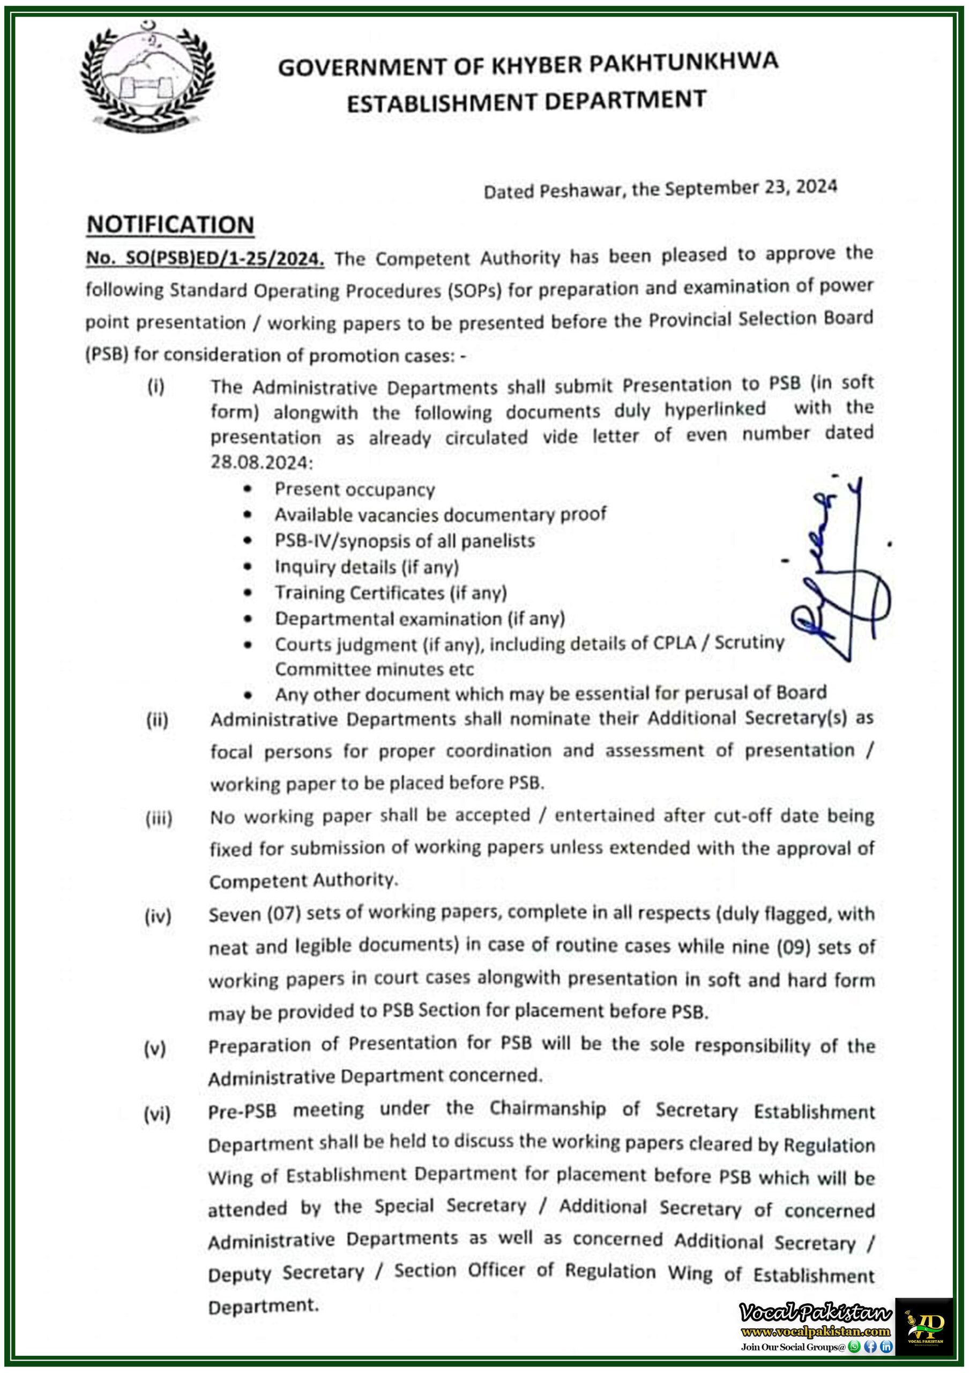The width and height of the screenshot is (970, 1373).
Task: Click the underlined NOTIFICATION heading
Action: tap(170, 225)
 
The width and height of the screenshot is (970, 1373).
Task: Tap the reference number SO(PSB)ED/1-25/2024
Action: tap(205, 259)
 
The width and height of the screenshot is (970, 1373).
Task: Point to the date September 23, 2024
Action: tap(751, 188)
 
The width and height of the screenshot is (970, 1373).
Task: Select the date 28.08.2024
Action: tap(261, 462)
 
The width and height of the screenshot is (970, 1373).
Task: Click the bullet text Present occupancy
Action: tap(354, 489)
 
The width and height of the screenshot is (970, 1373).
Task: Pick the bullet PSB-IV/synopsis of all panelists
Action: tap(405, 541)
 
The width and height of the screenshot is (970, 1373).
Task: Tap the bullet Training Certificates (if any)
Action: tap(390, 593)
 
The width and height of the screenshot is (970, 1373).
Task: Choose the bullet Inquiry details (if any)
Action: tap(367, 566)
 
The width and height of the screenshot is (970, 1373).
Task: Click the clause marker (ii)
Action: tap(157, 720)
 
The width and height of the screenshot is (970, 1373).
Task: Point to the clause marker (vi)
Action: tap(157, 1114)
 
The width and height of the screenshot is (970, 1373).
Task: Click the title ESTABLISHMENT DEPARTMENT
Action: tap(526, 101)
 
